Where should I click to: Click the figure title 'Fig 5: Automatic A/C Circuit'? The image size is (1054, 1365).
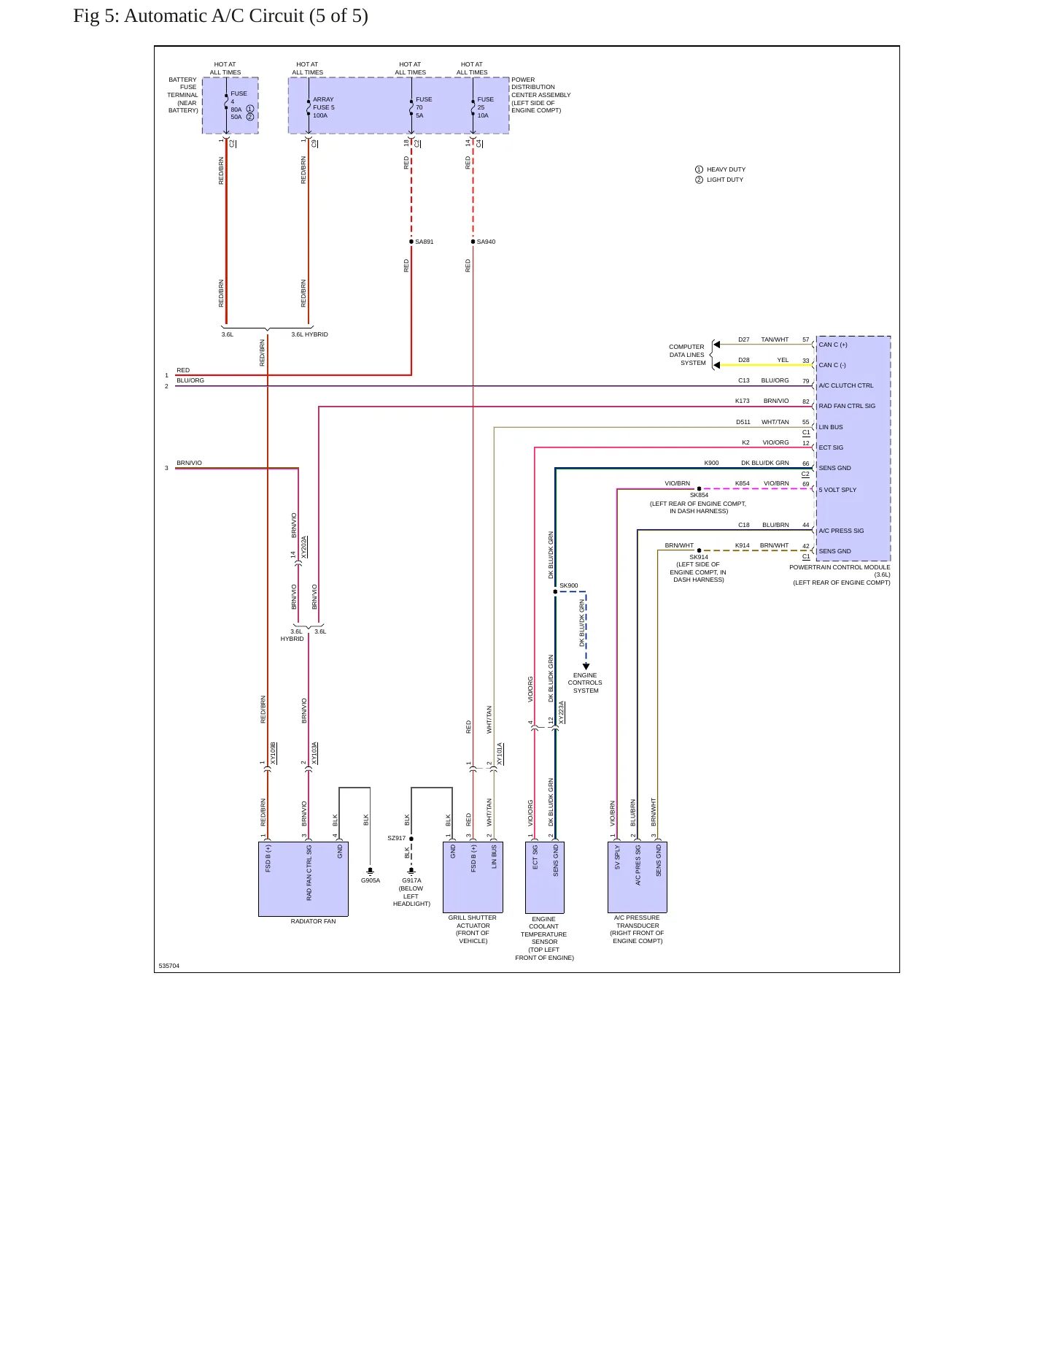coord(188,16)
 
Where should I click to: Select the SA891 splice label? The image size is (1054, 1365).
coord(425,242)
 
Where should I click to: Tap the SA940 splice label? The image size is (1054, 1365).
coord(486,242)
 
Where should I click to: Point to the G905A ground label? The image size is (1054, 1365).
coord(371,880)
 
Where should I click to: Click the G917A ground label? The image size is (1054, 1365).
coord(411,880)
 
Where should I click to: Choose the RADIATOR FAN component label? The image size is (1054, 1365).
coord(314,921)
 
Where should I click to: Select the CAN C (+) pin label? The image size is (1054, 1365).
coord(833,345)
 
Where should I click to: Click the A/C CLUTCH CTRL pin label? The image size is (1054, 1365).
coord(846,385)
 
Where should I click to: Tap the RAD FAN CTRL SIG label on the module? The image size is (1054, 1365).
coord(847,406)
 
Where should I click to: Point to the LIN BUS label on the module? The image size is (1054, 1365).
coord(831,427)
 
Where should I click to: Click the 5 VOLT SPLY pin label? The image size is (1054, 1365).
coord(837,490)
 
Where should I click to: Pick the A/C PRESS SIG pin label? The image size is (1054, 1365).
coord(841,531)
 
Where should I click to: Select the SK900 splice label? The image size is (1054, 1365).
coord(569,585)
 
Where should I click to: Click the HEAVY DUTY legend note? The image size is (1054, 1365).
coord(726,169)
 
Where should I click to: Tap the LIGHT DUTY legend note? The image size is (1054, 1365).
coord(725,180)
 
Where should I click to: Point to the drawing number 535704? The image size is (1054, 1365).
coord(169,966)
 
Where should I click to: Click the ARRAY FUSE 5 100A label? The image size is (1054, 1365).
coord(324,107)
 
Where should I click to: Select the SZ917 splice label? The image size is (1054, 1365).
coord(396,838)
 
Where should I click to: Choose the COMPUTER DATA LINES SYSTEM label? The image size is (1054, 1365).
coord(687,355)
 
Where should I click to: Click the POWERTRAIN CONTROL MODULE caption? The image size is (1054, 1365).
coord(840,567)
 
